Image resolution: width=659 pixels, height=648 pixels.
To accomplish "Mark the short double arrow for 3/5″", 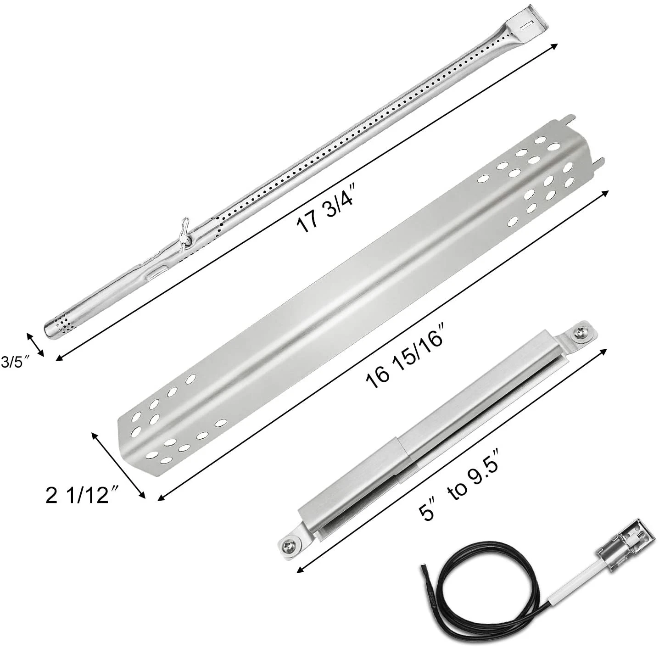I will [x=35, y=344].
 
